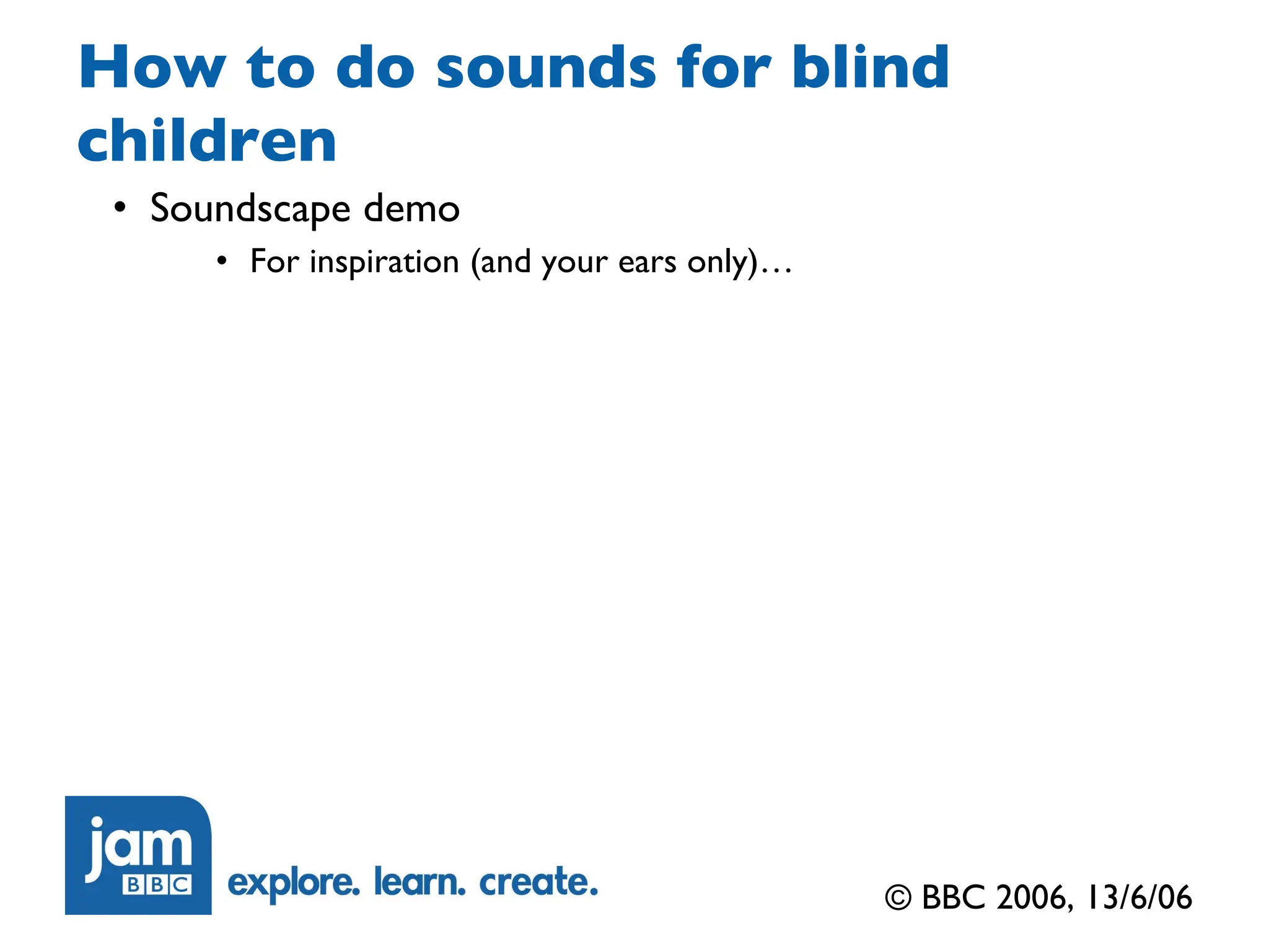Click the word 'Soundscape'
250,209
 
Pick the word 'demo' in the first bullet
411,208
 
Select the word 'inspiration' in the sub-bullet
384,262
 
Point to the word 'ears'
648,262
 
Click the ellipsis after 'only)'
777,268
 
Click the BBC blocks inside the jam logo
157,884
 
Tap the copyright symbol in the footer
898,897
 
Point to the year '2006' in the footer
1034,897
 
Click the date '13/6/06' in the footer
1139,897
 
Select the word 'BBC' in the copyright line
953,897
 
